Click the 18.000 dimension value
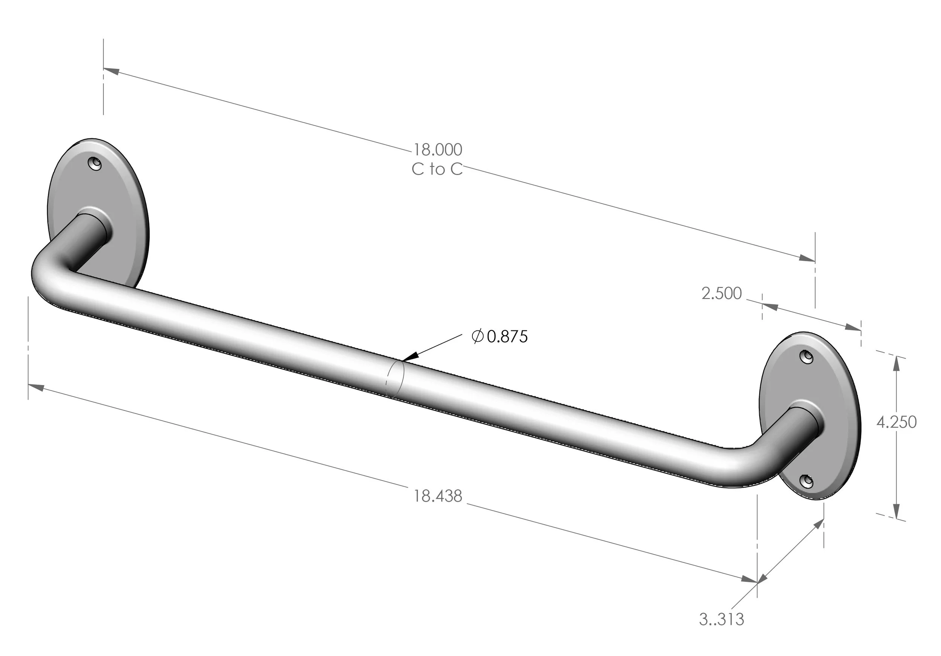point(437,150)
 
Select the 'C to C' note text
point(437,169)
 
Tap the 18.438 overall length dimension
point(437,496)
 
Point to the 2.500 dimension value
point(721,294)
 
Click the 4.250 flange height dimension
point(896,422)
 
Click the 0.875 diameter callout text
point(507,337)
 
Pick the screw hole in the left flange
point(96,163)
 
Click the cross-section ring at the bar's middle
point(396,379)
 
